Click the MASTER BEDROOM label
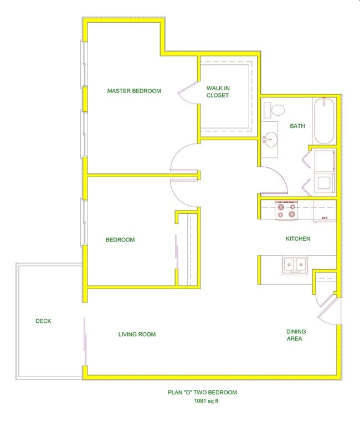(134, 91)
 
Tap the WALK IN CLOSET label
(218, 91)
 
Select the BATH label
(297, 126)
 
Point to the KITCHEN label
(297, 239)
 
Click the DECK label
(43, 321)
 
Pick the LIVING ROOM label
(137, 334)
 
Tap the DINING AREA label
(296, 335)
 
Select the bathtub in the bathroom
(323, 121)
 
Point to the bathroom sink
(271, 140)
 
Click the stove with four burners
(287, 210)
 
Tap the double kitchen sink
(295, 265)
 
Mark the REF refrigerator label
(325, 218)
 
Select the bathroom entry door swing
(271, 177)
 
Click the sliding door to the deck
(85, 342)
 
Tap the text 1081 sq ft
(202, 402)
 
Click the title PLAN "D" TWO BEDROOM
(202, 393)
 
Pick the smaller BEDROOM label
(120, 240)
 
